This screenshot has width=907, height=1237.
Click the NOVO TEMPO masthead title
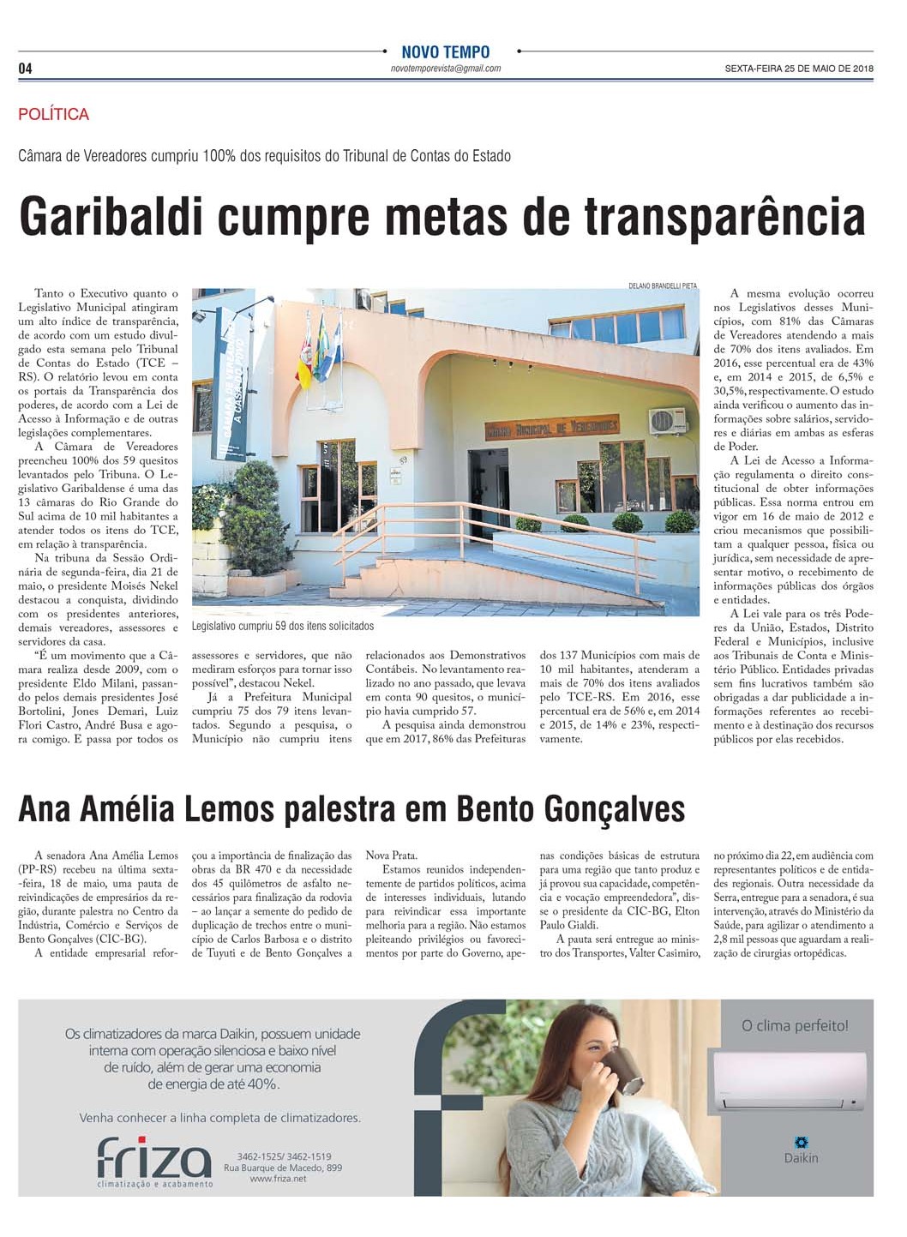(445, 52)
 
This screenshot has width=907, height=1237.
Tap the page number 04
(26, 69)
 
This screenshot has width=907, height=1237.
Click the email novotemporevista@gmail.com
(445, 69)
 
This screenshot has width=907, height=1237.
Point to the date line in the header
(798, 69)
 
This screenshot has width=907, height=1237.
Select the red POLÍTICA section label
(53, 114)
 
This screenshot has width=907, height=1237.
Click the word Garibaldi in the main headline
(111, 217)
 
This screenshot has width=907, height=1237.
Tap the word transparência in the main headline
(724, 217)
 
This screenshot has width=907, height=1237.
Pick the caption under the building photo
(283, 627)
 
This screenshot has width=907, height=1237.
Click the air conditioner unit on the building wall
(667, 420)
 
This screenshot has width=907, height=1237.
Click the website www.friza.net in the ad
(278, 1179)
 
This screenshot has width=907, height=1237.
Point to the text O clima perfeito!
(795, 1025)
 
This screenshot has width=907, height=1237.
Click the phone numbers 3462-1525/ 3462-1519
(284, 1156)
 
